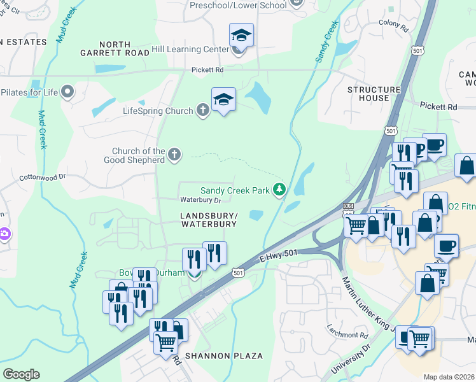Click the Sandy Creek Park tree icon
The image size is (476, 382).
pos(278,190)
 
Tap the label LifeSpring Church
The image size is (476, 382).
pos(158,111)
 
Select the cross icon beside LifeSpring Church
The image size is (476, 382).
pos(202,111)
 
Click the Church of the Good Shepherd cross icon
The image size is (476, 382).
pos(174,154)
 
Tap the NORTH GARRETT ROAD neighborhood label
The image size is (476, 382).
pos(106,49)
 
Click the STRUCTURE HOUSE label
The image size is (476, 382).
pos(374,94)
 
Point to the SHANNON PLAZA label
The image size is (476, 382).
pos(224,356)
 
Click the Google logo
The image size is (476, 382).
pos(21,374)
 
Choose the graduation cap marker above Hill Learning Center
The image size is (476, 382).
pos(241,36)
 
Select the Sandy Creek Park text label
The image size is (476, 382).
pos(235,190)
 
